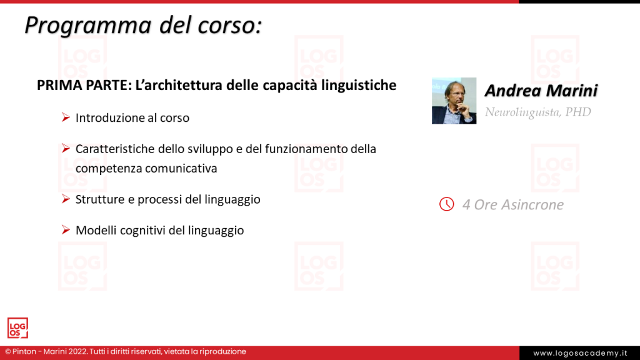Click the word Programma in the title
click(x=88, y=26)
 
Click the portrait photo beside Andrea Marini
click(x=454, y=101)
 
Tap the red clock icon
click(x=446, y=204)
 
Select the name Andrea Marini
click(x=541, y=91)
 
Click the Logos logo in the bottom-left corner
click(x=17, y=328)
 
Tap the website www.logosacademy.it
click(x=580, y=353)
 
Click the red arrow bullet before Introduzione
click(x=66, y=117)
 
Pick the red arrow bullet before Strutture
click(x=66, y=199)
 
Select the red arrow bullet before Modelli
click(x=66, y=230)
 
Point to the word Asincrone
click(x=532, y=204)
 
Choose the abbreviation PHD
click(x=578, y=112)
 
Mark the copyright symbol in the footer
click(x=7, y=351)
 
